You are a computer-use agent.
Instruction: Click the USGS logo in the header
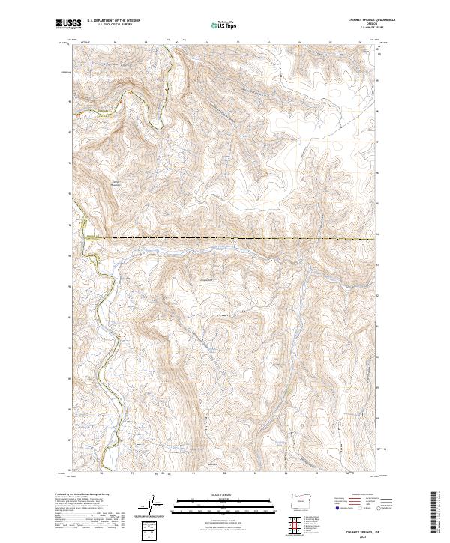(x=69, y=24)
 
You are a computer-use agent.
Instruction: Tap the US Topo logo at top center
(x=219, y=25)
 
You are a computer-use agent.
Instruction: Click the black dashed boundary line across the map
(x=240, y=239)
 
